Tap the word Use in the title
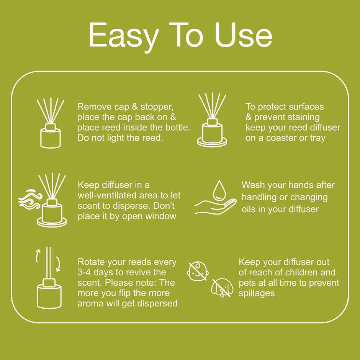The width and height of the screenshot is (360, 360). pyautogui.click(x=243, y=35)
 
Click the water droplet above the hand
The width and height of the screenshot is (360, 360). pyautogui.click(x=219, y=189)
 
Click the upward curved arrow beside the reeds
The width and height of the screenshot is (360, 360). pyautogui.click(x=38, y=255)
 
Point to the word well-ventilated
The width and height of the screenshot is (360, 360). pyautogui.click(x=105, y=195)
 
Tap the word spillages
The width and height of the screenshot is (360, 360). pyautogui.click(x=257, y=293)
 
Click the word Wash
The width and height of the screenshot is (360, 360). pyautogui.click(x=254, y=185)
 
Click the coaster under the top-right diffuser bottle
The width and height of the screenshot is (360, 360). pyautogui.click(x=212, y=142)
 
